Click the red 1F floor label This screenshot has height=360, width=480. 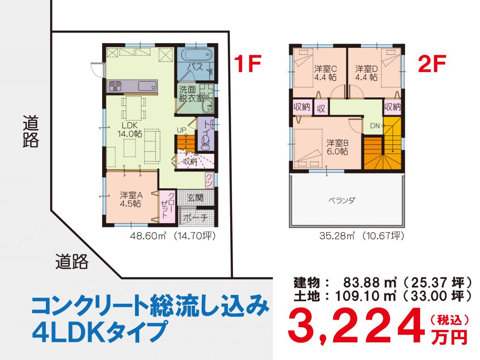[247, 64]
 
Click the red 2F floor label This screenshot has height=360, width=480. [431, 65]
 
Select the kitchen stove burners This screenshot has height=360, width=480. [115, 86]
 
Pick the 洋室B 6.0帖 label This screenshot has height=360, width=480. [337, 147]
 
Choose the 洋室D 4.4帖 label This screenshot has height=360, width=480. [367, 72]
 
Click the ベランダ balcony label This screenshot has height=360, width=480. [342, 200]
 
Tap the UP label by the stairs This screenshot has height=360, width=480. [181, 130]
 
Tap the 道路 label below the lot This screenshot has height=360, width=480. [71, 261]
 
